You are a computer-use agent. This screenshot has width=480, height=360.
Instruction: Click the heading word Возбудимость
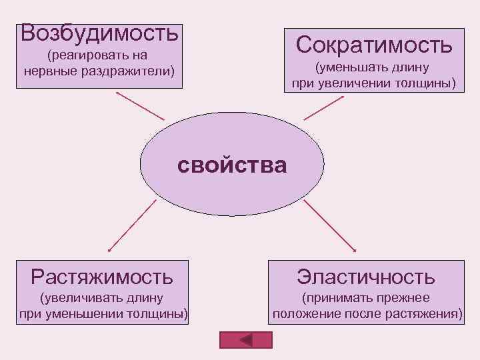100,31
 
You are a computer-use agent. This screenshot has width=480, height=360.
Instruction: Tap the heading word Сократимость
374,45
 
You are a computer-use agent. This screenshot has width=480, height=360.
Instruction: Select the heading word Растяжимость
102,275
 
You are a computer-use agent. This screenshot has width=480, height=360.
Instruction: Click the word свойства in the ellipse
232,164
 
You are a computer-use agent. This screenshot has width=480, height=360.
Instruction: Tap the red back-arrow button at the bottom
246,339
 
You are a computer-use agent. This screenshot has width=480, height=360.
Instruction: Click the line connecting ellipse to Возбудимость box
140,105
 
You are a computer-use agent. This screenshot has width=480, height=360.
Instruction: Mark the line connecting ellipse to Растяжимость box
132,225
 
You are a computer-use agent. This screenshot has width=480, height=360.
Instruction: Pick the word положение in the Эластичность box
303,313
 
